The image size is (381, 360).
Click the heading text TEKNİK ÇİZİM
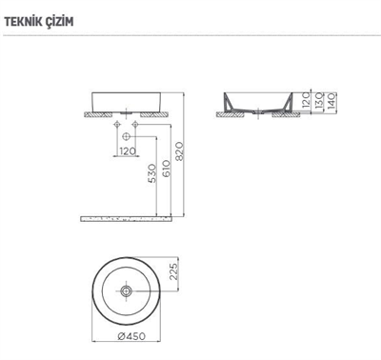[39, 20]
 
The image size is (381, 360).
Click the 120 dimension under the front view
[128, 150]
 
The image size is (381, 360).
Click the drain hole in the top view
[127, 288]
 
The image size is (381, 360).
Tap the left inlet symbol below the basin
[116, 124]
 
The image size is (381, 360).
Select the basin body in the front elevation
[127, 100]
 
